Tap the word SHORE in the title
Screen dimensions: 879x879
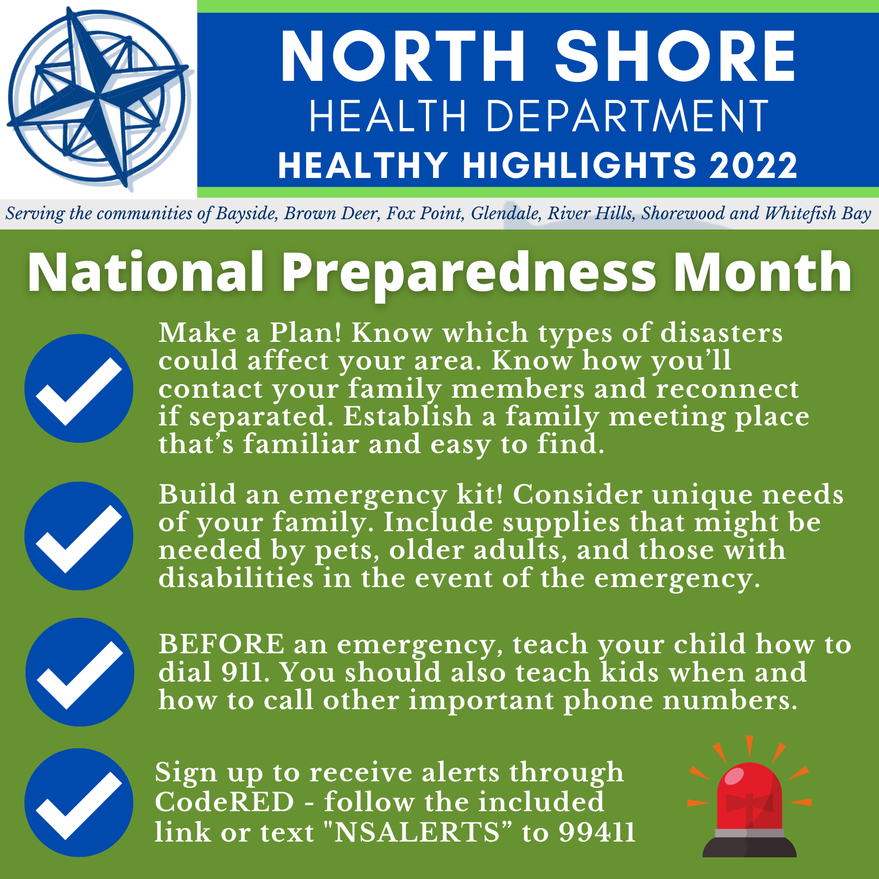676,56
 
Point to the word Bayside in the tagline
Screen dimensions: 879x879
247,214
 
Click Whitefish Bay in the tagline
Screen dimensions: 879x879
818,213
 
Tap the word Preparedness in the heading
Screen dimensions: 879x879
469,273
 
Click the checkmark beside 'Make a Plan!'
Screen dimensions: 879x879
79,388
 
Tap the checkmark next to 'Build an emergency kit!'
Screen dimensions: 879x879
79,536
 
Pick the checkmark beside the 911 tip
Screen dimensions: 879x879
79,672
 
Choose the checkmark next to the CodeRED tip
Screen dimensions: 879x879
79,803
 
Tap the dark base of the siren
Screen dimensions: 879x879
749,847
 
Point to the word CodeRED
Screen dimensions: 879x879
224,802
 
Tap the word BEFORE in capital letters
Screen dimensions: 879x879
221,645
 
